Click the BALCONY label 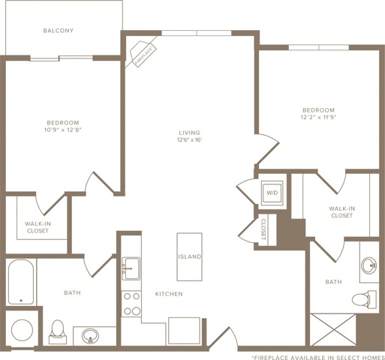[59, 31]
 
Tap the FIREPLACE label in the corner [143, 55]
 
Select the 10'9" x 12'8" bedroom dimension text [63, 130]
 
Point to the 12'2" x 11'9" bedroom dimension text [318, 117]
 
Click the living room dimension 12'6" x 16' [190, 139]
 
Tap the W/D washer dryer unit [272, 193]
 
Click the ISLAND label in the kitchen [190, 256]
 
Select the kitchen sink [131, 268]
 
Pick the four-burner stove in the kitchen [131, 304]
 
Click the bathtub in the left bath [21, 281]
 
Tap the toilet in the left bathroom [58, 332]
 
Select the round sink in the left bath [90, 336]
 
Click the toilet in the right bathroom [364, 299]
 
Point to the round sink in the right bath [369, 265]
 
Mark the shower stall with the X [333, 330]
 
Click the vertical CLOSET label [263, 229]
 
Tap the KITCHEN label [169, 294]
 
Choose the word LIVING [190, 133]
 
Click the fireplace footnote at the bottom [318, 358]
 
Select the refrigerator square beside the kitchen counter [184, 331]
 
